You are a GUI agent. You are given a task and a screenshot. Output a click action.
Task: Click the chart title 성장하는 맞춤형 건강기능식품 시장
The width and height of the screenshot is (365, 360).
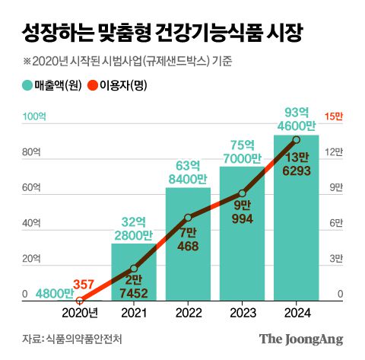tap(161, 33)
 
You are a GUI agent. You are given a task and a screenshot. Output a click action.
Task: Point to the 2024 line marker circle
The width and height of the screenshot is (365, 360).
tap(297, 140)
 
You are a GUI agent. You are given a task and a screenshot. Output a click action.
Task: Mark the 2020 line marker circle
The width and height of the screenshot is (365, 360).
tap(80, 301)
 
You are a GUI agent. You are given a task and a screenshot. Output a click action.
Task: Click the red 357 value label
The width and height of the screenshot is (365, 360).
tap(84, 284)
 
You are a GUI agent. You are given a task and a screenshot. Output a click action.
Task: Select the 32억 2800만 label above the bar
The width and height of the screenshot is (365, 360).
tap(134, 228)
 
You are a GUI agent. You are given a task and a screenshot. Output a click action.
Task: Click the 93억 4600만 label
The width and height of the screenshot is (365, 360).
tap(297, 119)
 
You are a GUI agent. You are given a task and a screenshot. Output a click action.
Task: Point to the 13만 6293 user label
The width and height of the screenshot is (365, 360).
tap(297, 164)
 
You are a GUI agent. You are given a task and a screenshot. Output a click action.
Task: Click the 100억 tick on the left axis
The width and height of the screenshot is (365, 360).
tap(34, 116)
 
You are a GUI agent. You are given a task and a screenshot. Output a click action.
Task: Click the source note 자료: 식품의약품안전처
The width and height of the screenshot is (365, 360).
tap(72, 339)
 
